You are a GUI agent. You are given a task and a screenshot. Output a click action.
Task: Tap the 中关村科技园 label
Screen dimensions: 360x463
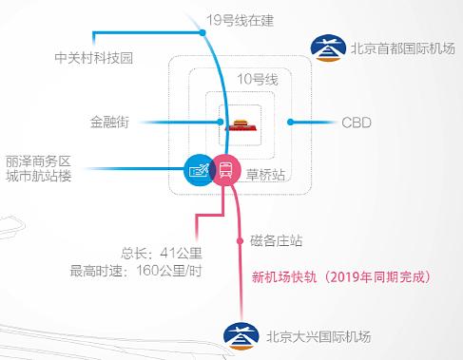coord(94,58)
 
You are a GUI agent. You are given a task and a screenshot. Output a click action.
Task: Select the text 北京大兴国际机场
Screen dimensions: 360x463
coord(317,336)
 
